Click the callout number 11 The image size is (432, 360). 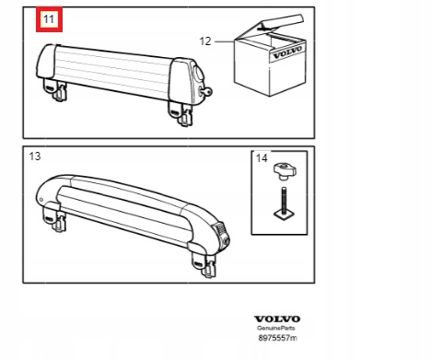pos(49,19)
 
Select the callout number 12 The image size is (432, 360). pos(205,41)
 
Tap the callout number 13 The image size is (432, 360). pos(35,157)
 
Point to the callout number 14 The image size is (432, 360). pos(262,158)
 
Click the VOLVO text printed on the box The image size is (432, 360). pos(287,52)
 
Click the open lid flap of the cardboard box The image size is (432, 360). pos(282,22)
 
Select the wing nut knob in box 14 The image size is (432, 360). pos(285,171)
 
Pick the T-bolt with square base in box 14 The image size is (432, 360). pos(284,204)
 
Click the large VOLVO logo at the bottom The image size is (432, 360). pos(277,319)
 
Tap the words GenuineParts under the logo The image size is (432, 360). pos(276,328)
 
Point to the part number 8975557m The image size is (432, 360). pos(277,338)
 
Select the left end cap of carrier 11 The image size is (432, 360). pos(47,62)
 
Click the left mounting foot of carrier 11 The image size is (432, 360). pos(55,90)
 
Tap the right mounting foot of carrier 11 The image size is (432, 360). pos(181,113)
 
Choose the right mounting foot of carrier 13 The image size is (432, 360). pos(204,261)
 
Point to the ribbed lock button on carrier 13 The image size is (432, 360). pos(221,233)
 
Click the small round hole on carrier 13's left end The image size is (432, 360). pos(41,200)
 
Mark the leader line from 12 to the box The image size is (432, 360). pos(225,41)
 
